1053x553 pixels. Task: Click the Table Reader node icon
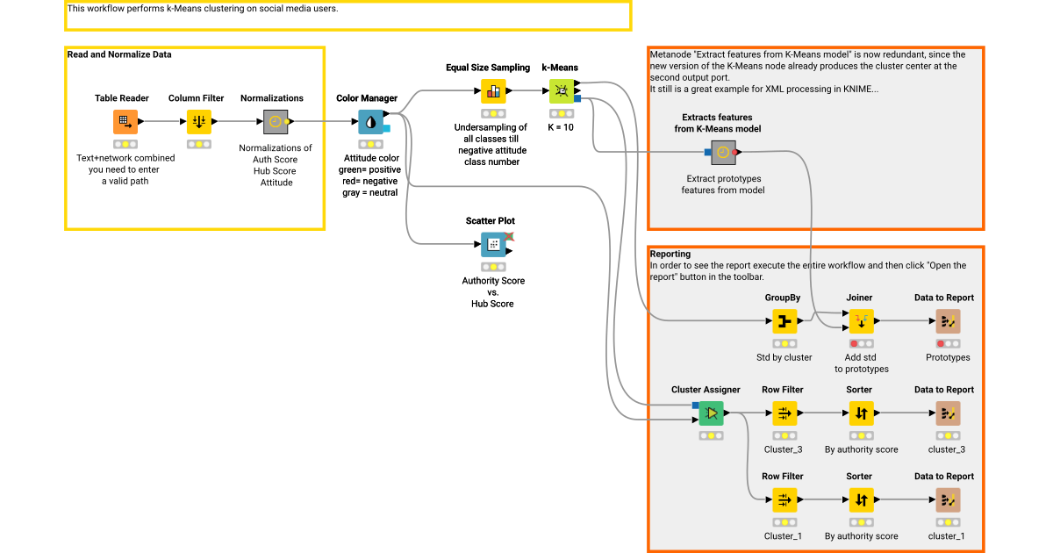[x=125, y=122]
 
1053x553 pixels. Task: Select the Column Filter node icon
[x=199, y=122]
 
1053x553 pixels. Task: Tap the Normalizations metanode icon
[x=276, y=122]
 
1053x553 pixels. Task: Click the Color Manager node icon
[x=370, y=122]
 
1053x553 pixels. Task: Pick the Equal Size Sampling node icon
[x=493, y=91]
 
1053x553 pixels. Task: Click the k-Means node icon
[x=562, y=91]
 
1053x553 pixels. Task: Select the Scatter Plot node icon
[x=493, y=245]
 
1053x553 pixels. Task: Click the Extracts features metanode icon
[x=722, y=152]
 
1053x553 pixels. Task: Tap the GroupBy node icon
[x=784, y=321]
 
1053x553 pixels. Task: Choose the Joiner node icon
[x=861, y=321]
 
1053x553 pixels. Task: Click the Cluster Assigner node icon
[x=711, y=413]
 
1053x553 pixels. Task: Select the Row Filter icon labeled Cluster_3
[x=784, y=413]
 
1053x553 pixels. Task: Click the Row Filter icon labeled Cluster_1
[x=784, y=500]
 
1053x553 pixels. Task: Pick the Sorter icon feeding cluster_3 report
[x=861, y=413]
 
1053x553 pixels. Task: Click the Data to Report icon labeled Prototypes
[x=948, y=321]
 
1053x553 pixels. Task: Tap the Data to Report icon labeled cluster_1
[x=948, y=500]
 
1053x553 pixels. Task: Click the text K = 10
[x=562, y=127]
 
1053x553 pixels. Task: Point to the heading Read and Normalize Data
[x=119, y=54]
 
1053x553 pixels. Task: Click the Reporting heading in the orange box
[x=670, y=254]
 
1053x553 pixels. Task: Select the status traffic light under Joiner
[x=861, y=343]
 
